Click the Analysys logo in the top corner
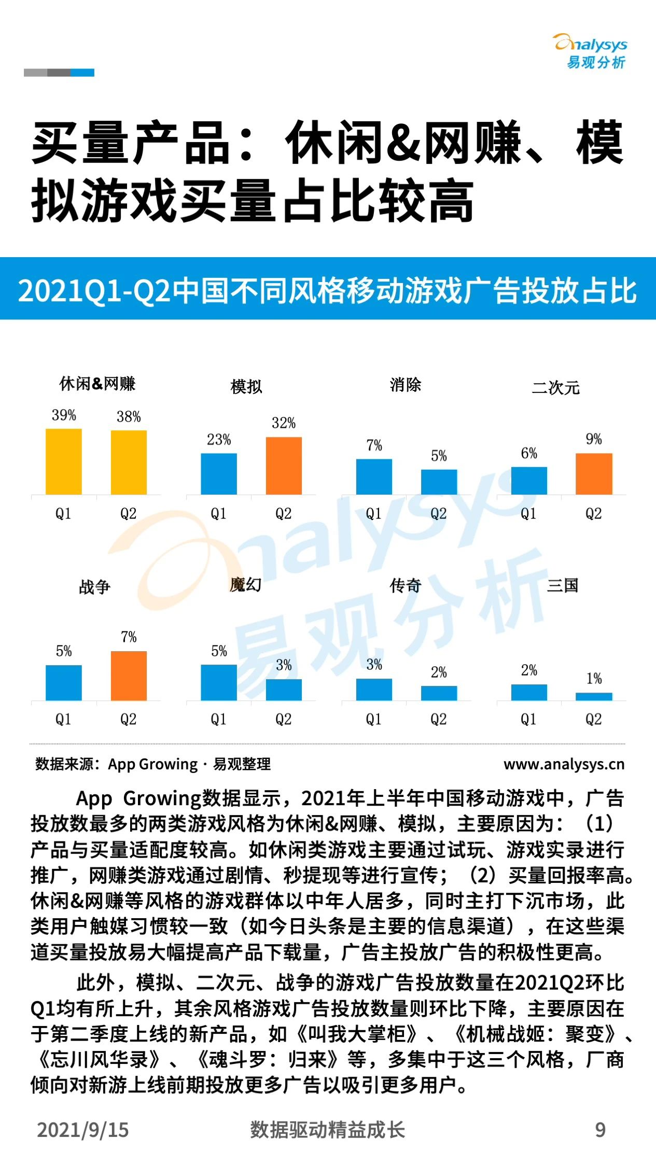[591, 51]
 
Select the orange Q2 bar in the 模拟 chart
[284, 465]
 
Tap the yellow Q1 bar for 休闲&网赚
[64, 461]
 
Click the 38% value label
[129, 416]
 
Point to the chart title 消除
[405, 385]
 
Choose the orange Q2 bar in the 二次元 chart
[594, 473]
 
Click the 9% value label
[594, 439]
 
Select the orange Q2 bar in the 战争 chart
[129, 676]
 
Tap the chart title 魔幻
[245, 585]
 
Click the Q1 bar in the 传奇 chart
[374, 689]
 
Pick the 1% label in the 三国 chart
[594, 678]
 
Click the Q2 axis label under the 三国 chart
[593, 719]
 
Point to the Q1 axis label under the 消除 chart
[373, 513]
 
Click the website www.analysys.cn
[564, 764]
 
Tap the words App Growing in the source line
[152, 764]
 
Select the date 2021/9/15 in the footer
[82, 1130]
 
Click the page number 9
[600, 1130]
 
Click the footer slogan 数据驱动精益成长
[327, 1130]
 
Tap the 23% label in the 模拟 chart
[219, 440]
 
